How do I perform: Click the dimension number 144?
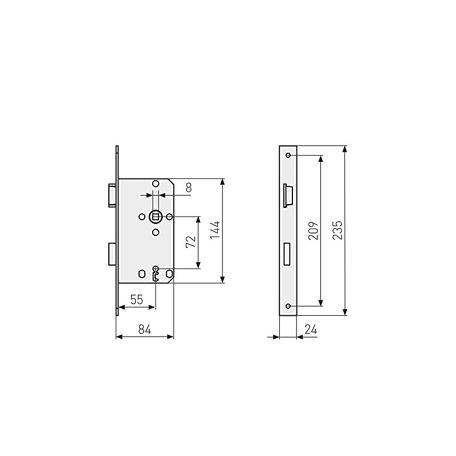214,231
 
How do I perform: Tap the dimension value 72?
191,242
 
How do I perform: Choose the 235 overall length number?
337,230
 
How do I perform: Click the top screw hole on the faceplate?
288,156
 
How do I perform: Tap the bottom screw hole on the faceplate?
288,306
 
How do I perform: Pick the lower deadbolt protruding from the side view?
112,254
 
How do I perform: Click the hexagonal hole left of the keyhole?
142,274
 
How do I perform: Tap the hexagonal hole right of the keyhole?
169,274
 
